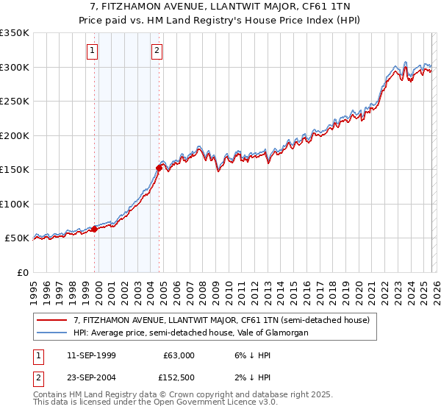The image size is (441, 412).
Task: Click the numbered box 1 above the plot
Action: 93,51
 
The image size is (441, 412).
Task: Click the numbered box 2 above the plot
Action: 157,51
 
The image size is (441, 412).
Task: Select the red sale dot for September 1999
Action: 94,230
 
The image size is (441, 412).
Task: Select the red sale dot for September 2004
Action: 159,168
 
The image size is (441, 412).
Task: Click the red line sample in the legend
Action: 51,320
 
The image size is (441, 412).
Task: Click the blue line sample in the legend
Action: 51,333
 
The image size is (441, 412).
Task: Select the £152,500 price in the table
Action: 179,379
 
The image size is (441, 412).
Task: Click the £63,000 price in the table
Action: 179,355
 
